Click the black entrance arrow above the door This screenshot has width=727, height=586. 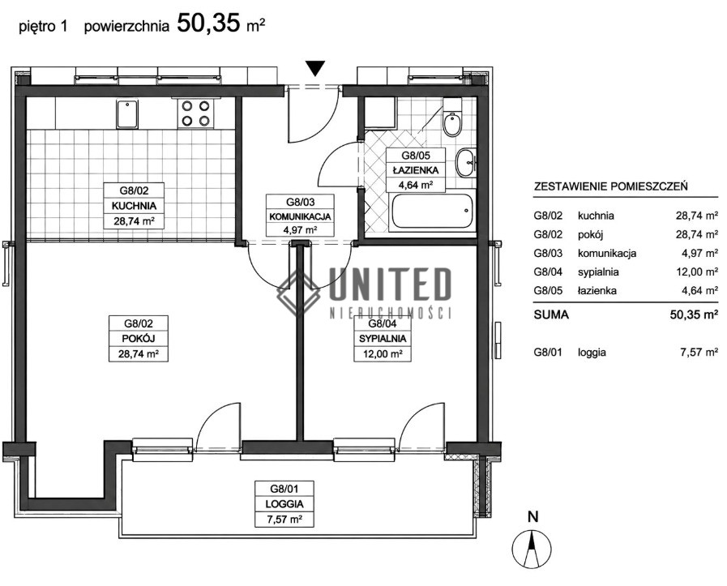click(x=316, y=68)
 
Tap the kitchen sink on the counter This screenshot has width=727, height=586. click(x=126, y=114)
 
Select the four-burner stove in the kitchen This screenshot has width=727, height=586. click(x=195, y=113)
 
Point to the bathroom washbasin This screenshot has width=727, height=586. click(x=466, y=163)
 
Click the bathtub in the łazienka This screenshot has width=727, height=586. click(x=433, y=211)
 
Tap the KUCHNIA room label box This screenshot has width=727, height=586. click(x=134, y=205)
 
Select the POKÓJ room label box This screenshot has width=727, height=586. click(x=139, y=339)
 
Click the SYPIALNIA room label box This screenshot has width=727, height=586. click(x=383, y=339)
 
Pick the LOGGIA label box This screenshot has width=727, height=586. click(x=284, y=504)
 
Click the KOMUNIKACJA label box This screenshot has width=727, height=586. click(x=300, y=216)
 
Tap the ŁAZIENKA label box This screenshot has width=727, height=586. click(x=416, y=170)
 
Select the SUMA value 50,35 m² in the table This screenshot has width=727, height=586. click(x=694, y=314)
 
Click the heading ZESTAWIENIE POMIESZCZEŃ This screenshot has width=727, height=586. click(x=611, y=187)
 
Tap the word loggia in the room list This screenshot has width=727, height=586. click(x=592, y=353)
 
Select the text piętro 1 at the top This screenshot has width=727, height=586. click(x=43, y=27)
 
